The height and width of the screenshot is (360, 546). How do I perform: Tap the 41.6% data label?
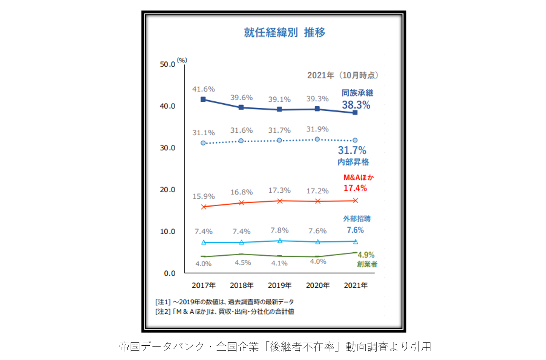tap(204, 89)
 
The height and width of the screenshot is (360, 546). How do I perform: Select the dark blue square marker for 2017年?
tap(203, 99)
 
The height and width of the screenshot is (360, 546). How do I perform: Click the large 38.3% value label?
tap(356, 105)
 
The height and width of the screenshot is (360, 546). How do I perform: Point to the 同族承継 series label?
tap(357, 93)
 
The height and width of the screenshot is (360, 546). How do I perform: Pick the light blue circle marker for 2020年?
tap(317, 139)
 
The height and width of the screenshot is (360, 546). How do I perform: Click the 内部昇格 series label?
tap(353, 162)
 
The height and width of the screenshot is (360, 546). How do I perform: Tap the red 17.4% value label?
tap(355, 188)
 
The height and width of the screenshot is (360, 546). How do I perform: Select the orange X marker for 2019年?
tap(279, 201)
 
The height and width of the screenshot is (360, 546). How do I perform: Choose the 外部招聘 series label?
tap(357, 219)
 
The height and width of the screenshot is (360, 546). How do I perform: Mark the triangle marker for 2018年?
tap(242, 242)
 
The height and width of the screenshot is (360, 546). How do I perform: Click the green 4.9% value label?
tap(366, 255)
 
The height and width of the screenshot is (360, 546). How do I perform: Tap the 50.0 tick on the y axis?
tap(167, 64)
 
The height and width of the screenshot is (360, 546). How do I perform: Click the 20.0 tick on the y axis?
tap(167, 190)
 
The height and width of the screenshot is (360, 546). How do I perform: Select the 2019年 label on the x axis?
tap(279, 285)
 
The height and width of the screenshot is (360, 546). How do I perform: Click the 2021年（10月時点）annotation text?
tap(342, 76)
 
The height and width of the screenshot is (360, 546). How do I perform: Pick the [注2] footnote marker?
tap(163, 312)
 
